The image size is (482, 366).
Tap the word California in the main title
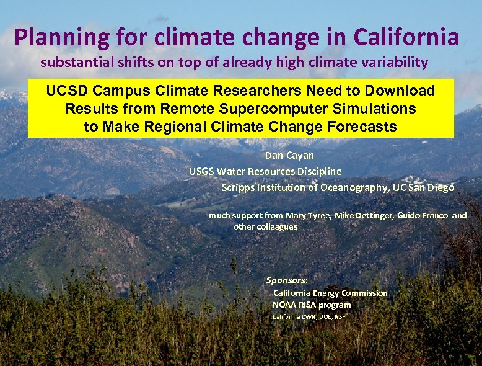pos(406,37)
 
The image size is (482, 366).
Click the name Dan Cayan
pos(289,156)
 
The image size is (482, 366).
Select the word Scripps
pos(237,187)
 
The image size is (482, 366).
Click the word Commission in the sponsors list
pos(364,293)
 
